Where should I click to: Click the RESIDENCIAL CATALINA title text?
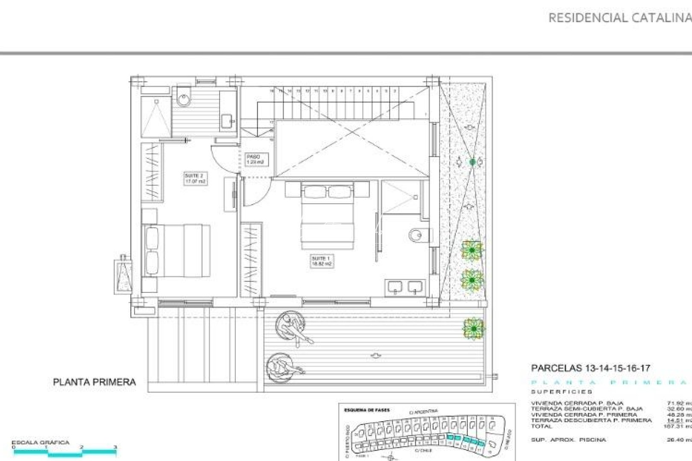619,18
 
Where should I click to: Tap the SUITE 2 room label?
195,178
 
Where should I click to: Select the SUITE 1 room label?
322,261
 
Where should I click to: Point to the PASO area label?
255,159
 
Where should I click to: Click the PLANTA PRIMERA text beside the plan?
94,382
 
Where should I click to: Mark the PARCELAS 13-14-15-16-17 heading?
590,368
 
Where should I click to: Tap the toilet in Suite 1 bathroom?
416,235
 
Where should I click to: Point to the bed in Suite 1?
328,216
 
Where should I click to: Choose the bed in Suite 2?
177,251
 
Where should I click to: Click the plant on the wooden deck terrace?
473,328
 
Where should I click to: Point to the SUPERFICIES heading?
561,392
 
